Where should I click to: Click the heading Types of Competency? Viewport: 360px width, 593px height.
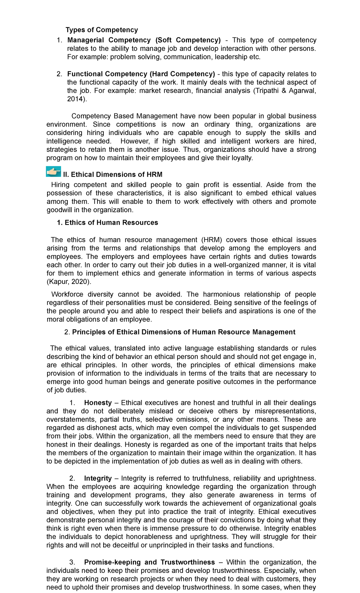[x=102, y=30]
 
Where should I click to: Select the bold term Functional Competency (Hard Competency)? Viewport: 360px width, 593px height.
[x=141, y=74]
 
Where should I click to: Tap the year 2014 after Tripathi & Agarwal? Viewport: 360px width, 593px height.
[x=75, y=99]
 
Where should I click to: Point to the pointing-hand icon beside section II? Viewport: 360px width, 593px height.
[x=54, y=172]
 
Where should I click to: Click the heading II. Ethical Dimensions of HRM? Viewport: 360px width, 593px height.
[x=112, y=175]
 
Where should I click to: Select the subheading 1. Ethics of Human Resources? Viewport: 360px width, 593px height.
[x=107, y=223]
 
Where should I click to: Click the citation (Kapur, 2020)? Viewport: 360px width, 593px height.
[x=69, y=282]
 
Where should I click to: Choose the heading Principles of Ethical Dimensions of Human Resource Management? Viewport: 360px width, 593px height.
[x=184, y=332]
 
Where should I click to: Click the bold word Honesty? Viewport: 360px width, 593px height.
[x=98, y=403]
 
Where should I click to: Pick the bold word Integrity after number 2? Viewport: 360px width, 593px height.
[x=98, y=478]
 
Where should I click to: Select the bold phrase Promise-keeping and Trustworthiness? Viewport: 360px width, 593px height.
[x=149, y=562]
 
